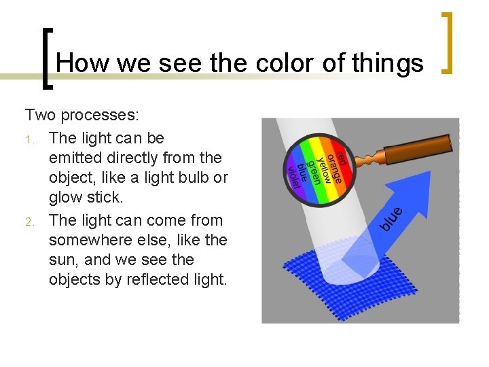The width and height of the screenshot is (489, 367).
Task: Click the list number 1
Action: click(30, 139)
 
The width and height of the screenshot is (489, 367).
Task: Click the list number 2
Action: click(30, 222)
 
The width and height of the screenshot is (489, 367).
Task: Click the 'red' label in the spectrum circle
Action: click(342, 154)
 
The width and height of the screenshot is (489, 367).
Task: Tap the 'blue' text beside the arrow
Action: click(391, 217)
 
